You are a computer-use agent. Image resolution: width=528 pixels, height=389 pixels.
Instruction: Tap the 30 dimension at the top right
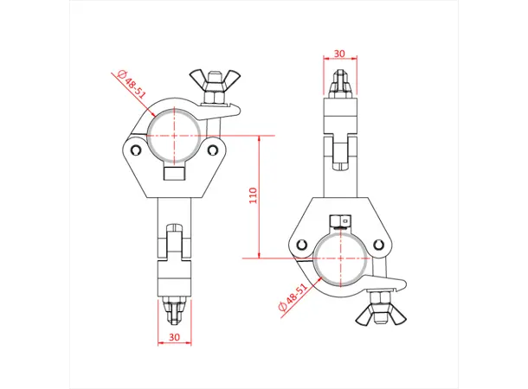click(339, 53)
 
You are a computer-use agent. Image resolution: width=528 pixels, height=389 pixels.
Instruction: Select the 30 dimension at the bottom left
click(174, 336)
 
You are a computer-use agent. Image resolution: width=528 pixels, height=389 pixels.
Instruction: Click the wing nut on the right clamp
click(378, 316)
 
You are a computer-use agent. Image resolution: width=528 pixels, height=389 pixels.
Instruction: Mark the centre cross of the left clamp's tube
click(175, 136)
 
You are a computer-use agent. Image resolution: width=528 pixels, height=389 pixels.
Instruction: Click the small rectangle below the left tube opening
click(175, 174)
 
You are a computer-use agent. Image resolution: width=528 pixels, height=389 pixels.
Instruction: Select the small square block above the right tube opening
click(341, 220)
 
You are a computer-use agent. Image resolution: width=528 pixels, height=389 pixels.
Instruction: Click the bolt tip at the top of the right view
click(339, 85)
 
